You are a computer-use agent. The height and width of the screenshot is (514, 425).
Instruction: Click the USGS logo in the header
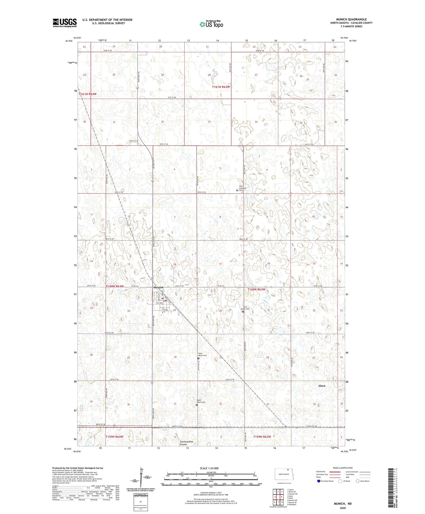(65, 23)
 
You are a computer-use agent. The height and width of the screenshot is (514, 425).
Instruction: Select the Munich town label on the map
(158, 287)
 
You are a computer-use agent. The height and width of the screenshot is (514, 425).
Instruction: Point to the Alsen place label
(322, 386)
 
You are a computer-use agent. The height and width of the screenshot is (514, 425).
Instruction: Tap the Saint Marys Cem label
(202, 355)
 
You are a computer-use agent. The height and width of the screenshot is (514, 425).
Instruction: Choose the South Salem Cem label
(201, 401)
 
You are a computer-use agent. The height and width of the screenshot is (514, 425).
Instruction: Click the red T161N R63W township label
(221, 87)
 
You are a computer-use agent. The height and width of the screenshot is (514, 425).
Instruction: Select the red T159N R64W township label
(114, 437)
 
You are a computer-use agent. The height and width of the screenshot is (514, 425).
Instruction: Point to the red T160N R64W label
(115, 287)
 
